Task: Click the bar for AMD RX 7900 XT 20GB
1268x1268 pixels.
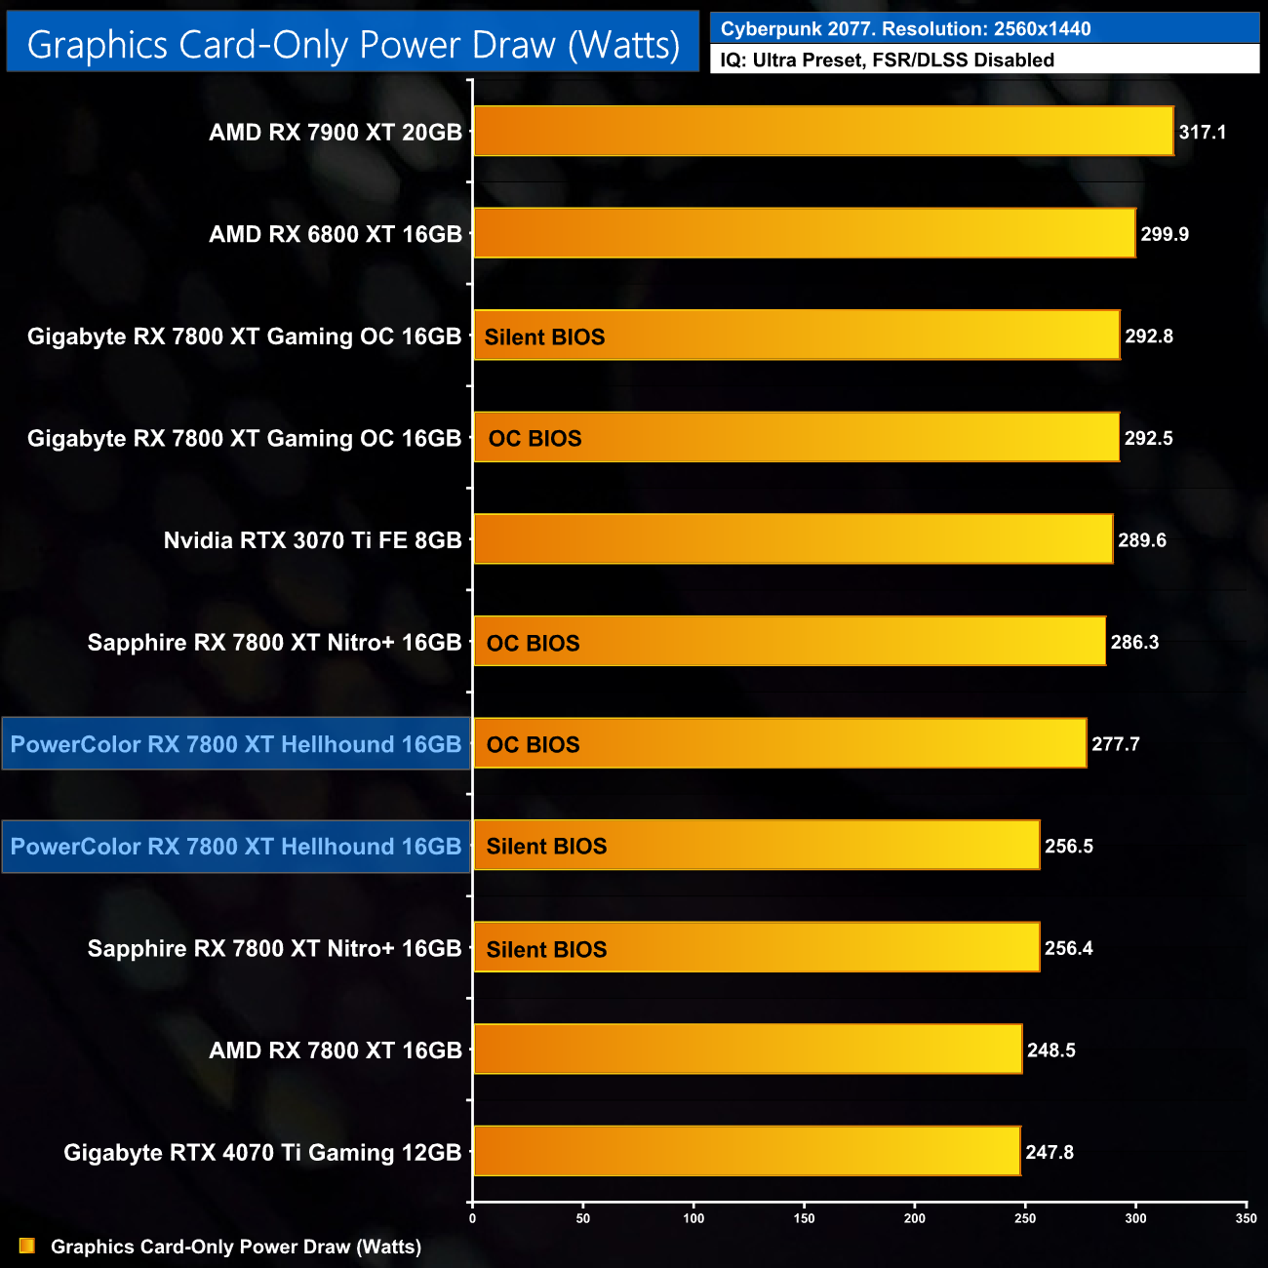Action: pos(822,131)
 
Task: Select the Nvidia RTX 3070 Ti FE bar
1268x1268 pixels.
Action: pos(792,538)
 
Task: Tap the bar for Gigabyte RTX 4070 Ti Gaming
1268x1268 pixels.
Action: pos(746,1151)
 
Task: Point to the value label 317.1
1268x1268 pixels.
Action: pos(1202,133)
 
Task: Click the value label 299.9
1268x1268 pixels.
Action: pos(1165,234)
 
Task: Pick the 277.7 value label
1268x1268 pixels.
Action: pos(1115,744)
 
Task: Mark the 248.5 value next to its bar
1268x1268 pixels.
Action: pos(1050,1050)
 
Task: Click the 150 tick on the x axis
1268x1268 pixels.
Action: pos(804,1218)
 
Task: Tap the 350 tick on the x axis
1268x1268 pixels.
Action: pos(1246,1218)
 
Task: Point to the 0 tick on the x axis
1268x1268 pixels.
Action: pos(473,1218)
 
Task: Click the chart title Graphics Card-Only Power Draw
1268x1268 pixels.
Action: pos(353,45)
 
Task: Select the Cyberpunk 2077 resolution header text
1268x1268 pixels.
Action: pos(905,29)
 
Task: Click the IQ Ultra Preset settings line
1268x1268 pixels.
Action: pos(887,60)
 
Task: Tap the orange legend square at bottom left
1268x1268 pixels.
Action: pos(27,1247)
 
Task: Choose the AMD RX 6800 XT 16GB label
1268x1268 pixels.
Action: pos(335,234)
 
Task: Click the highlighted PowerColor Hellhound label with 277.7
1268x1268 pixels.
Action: pos(235,744)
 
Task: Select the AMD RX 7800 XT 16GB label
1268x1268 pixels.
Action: pos(335,1050)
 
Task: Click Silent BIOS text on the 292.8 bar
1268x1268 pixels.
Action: pos(544,337)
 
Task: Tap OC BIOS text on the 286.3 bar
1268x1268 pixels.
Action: pos(533,644)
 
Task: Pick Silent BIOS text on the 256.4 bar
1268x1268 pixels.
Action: pos(546,950)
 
